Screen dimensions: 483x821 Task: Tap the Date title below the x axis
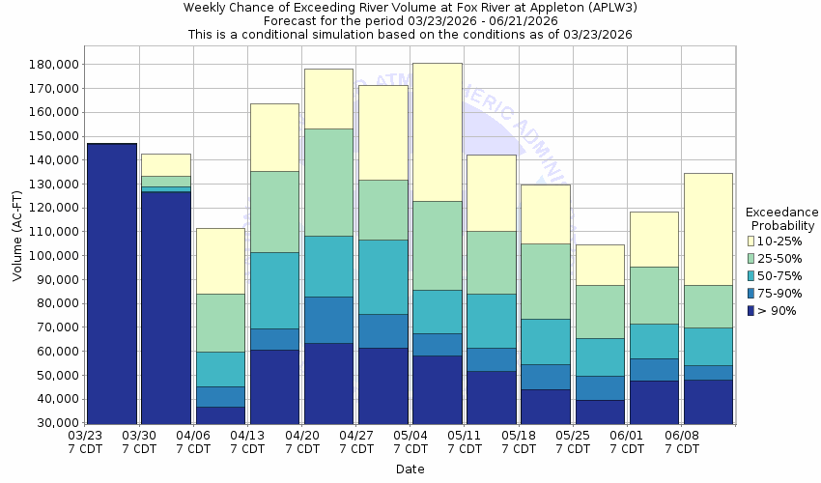(x=410, y=469)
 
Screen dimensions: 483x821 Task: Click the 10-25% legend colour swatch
(x=750, y=241)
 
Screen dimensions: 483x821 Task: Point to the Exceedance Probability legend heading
(x=782, y=219)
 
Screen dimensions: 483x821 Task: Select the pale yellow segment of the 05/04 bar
(x=438, y=132)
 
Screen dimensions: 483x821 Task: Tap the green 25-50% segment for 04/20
(x=328, y=183)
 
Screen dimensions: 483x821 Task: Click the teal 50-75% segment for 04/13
(x=274, y=291)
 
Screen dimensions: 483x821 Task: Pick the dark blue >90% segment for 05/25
(x=600, y=412)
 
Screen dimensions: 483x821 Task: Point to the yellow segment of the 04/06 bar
(x=220, y=261)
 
